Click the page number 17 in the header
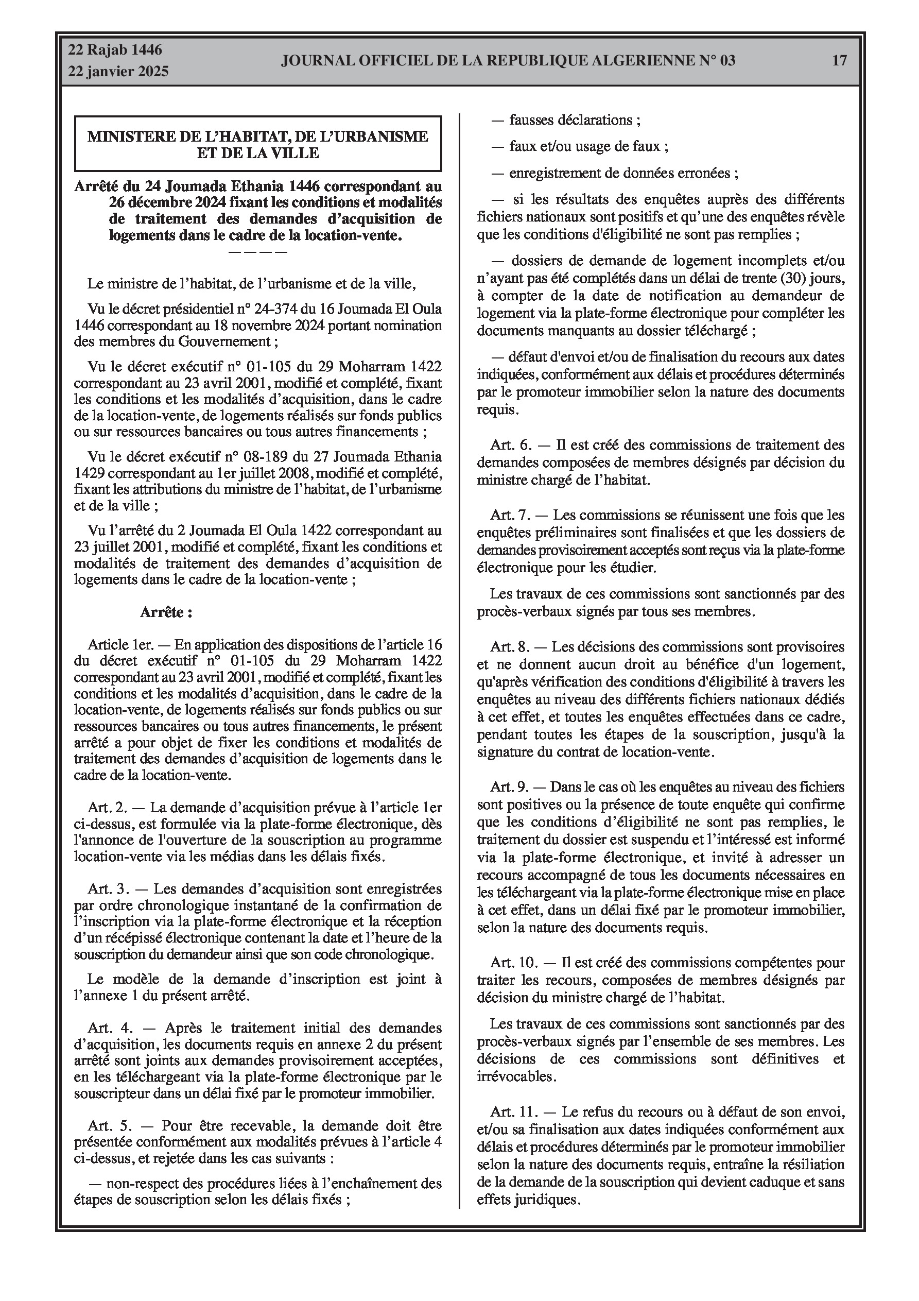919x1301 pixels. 839,61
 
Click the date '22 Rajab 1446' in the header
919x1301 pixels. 115,50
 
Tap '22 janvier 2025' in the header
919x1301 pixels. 118,72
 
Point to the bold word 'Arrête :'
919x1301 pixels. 166,612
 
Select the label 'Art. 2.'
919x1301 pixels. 108,808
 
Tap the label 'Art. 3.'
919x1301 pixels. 108,889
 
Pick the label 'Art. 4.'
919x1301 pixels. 108,1028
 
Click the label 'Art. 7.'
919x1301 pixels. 510,515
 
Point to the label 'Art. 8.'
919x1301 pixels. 510,646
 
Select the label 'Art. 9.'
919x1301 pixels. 510,787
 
